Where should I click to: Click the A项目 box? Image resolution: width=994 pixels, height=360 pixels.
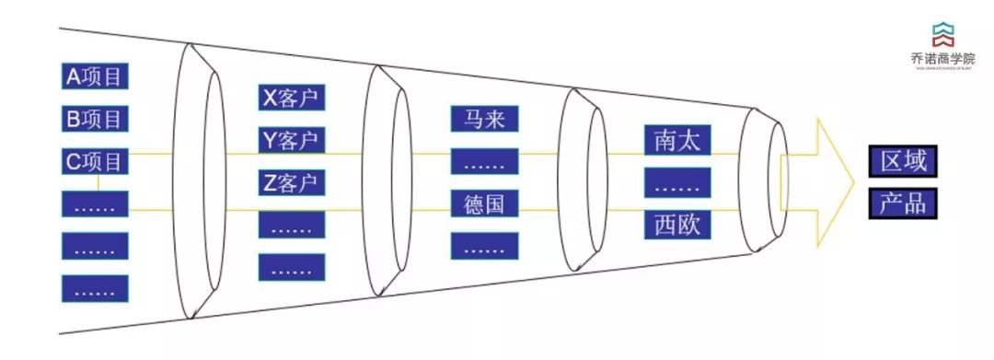[95, 76]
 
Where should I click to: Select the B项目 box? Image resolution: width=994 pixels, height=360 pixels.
[95, 119]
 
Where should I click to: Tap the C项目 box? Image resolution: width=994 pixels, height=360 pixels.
[95, 162]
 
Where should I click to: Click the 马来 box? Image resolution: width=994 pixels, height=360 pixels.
[485, 120]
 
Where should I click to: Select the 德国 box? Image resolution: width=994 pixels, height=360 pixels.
[485, 203]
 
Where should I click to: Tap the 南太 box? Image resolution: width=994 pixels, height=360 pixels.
[677, 141]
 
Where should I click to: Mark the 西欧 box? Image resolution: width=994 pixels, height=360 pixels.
[677, 225]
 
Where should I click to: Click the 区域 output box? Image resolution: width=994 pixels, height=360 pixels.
[903, 162]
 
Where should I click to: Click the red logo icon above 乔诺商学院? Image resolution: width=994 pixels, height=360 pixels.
[942, 34]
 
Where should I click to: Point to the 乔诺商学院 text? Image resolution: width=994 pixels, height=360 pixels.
[942, 58]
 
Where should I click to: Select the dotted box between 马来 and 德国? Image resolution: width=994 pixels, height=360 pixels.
[485, 162]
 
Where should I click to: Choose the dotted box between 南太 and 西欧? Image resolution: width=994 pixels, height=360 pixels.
[677, 182]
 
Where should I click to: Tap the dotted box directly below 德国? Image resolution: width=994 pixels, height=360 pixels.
[485, 246]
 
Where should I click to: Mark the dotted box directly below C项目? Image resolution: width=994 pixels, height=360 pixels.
[95, 204]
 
